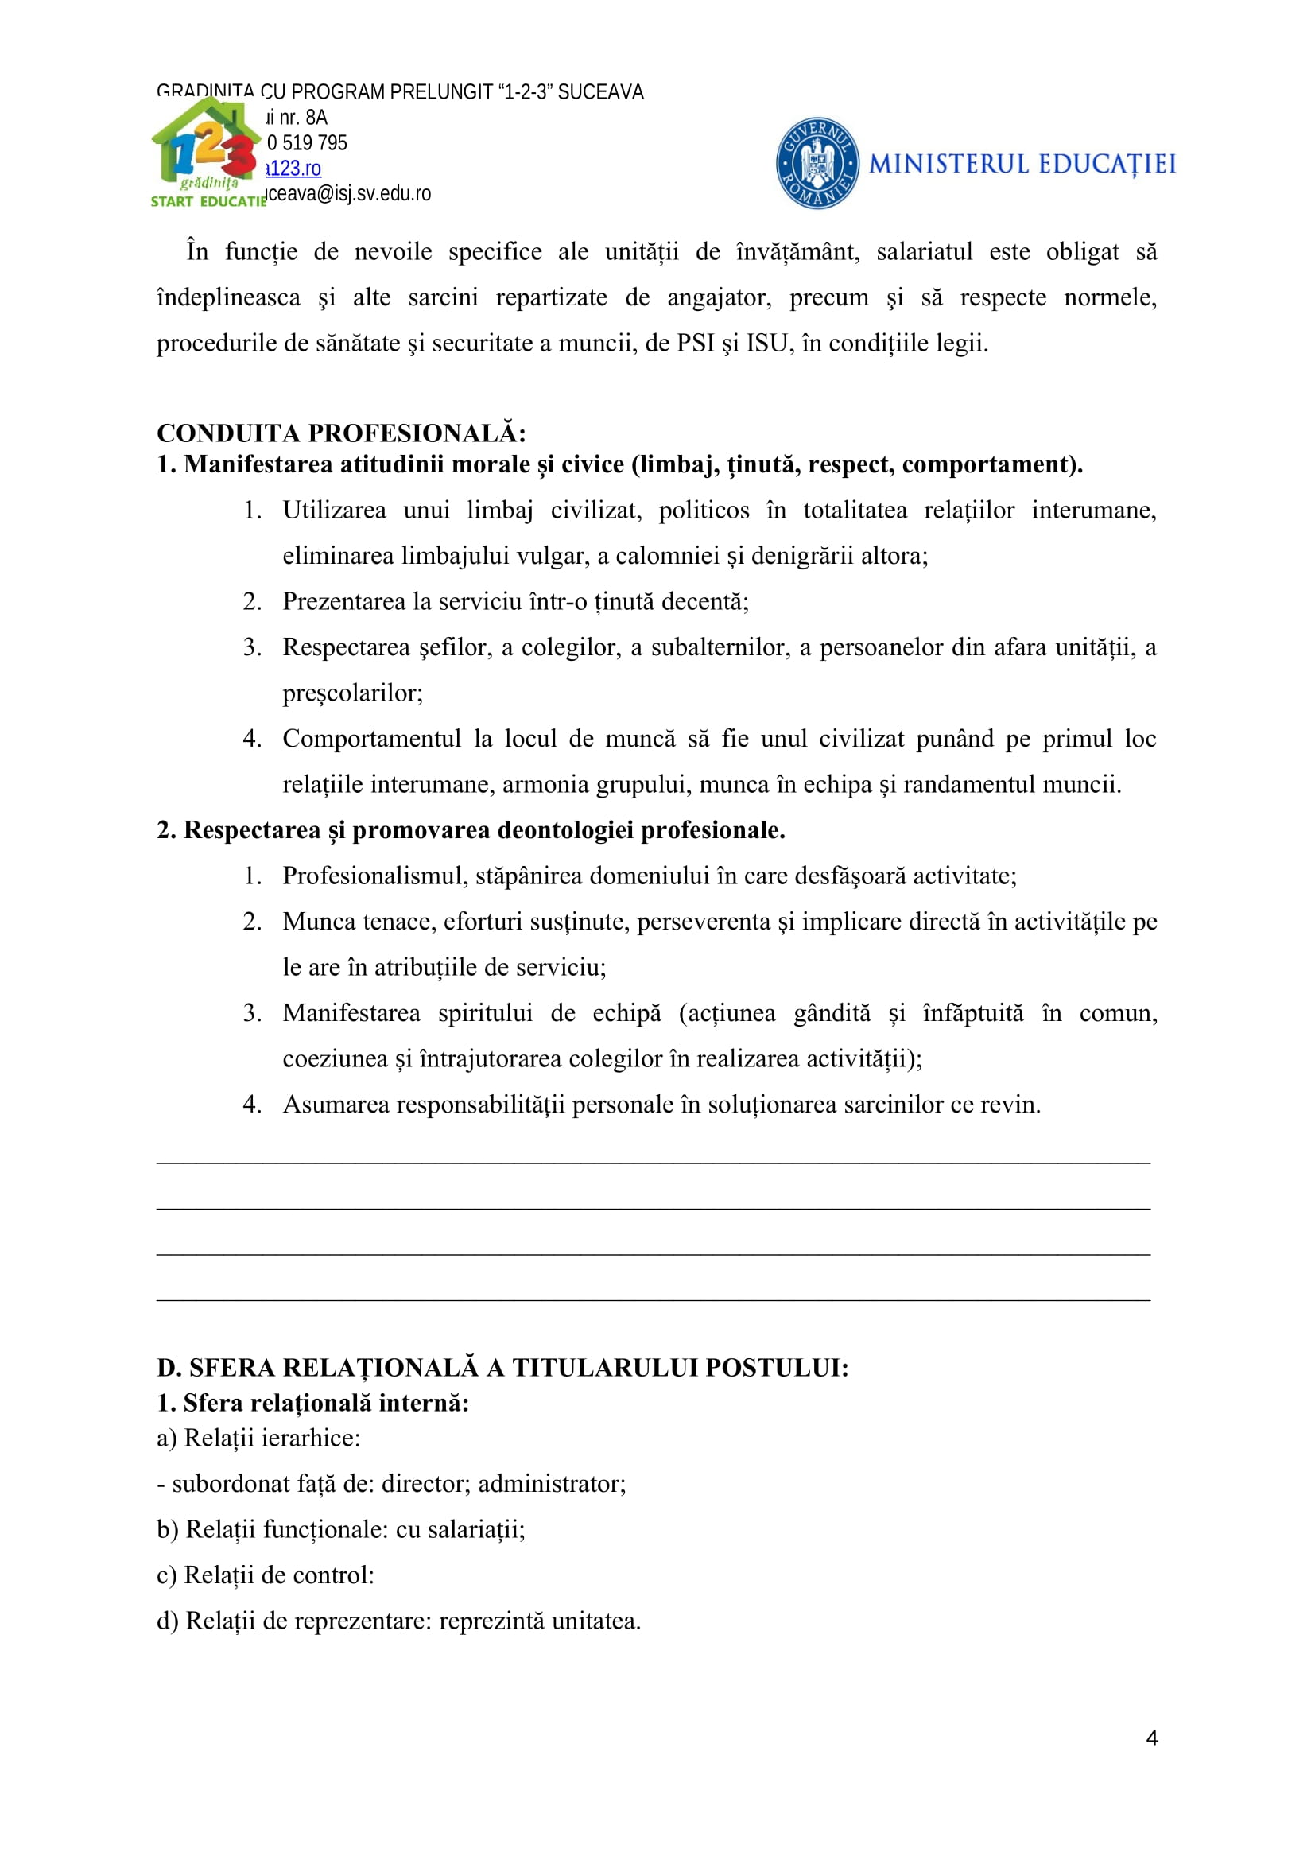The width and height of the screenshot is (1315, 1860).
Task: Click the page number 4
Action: [x=1151, y=1738]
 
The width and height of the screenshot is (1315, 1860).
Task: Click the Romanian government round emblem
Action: [x=817, y=163]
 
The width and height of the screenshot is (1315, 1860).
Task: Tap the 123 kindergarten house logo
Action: [x=207, y=152]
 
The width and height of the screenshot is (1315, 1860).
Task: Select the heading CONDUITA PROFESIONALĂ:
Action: [x=341, y=433]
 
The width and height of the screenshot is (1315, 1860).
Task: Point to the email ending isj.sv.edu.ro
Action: [x=350, y=193]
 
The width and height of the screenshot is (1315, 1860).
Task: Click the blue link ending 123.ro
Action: [x=295, y=169]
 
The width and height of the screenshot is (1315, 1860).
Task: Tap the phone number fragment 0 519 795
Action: [x=307, y=143]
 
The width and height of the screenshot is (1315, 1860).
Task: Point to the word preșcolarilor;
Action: [x=352, y=693]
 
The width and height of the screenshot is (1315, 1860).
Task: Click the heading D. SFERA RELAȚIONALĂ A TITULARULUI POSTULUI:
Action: [x=502, y=1368]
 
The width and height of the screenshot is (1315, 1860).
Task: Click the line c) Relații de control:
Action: [x=266, y=1575]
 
